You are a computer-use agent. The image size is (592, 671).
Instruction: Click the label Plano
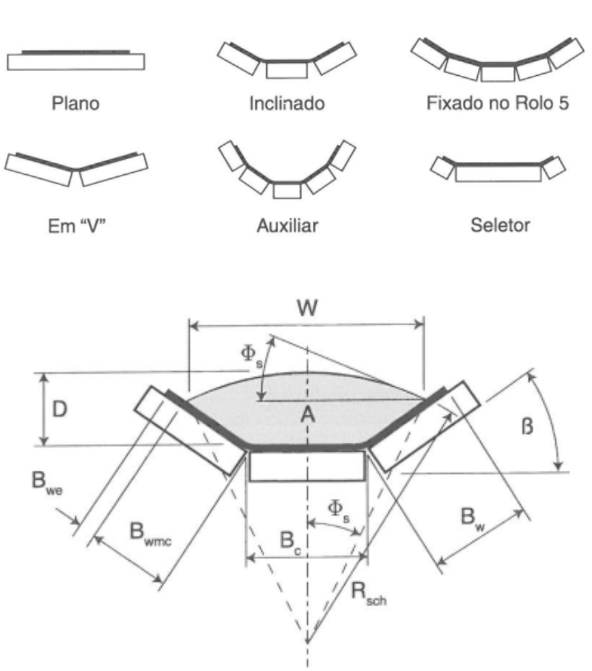(76, 104)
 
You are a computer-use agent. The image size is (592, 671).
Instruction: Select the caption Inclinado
(287, 104)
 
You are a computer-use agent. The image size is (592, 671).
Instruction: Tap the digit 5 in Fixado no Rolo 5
(563, 103)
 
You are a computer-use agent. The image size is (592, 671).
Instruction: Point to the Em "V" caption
(76, 225)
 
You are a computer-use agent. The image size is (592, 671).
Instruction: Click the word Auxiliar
(287, 225)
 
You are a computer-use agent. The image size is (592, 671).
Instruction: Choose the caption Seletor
(500, 225)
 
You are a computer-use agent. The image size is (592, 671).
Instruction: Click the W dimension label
(307, 307)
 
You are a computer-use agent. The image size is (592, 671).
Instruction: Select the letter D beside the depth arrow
(59, 409)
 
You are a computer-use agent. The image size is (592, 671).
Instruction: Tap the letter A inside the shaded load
(307, 415)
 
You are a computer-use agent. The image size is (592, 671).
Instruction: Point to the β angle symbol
(527, 426)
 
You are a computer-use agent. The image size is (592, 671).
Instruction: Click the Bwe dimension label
(47, 482)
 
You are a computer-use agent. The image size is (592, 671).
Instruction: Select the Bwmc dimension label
(150, 534)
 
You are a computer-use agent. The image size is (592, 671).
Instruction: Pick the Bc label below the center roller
(290, 542)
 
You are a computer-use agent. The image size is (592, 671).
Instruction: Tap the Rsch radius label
(369, 594)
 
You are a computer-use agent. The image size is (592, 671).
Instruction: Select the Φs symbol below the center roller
(339, 511)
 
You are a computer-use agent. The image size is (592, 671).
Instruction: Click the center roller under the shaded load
(307, 466)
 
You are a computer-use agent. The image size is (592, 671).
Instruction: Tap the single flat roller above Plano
(76, 61)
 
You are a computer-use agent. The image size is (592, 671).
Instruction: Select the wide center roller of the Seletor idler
(498, 174)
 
